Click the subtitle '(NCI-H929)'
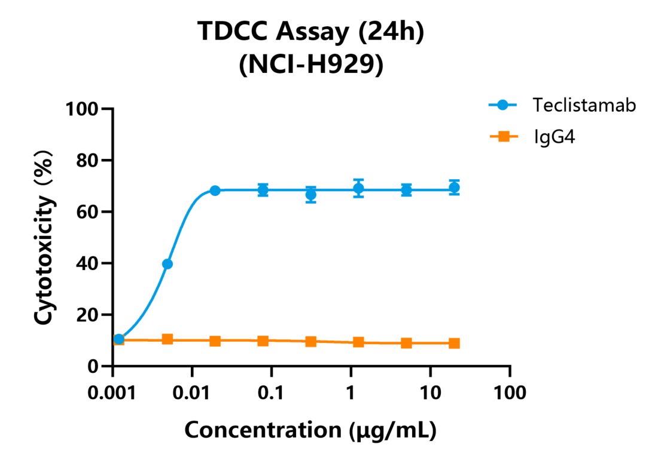[311, 65]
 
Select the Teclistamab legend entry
[562, 105]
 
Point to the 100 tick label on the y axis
[82, 109]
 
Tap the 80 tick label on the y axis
[87, 161]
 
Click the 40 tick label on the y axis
[87, 263]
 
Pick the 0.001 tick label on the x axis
[112, 393]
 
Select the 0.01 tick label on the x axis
[192, 393]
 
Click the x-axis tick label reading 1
[351, 393]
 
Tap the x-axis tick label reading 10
[430, 393]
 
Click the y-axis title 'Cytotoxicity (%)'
[44, 237]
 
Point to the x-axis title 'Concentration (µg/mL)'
[311, 430]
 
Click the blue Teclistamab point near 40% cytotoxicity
[167, 264]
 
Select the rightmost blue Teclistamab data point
[455, 188]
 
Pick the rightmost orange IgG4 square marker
[455, 343]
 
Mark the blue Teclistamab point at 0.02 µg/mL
[215, 191]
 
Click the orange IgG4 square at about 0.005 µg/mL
[167, 339]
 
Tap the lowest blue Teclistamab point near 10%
[119, 339]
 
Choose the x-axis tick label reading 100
[510, 393]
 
